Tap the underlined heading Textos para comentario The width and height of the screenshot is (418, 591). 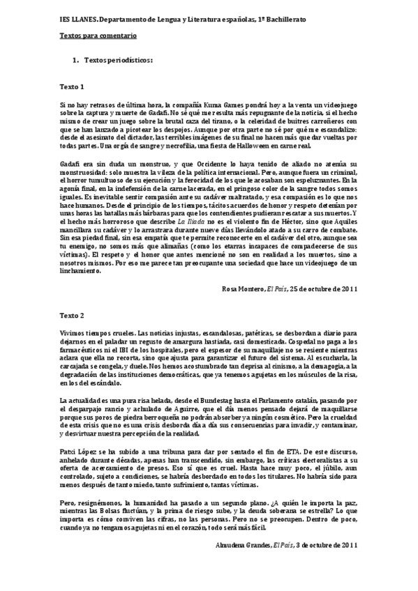click(97, 35)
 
